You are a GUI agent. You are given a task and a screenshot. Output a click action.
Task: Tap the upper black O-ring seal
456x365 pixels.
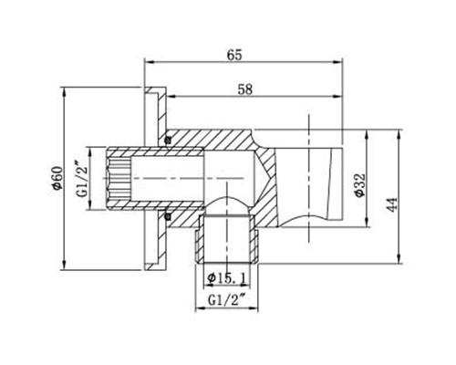169,139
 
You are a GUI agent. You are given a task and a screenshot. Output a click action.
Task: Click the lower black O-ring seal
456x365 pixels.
169,216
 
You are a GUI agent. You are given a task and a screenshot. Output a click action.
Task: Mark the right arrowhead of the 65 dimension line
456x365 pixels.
347,64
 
